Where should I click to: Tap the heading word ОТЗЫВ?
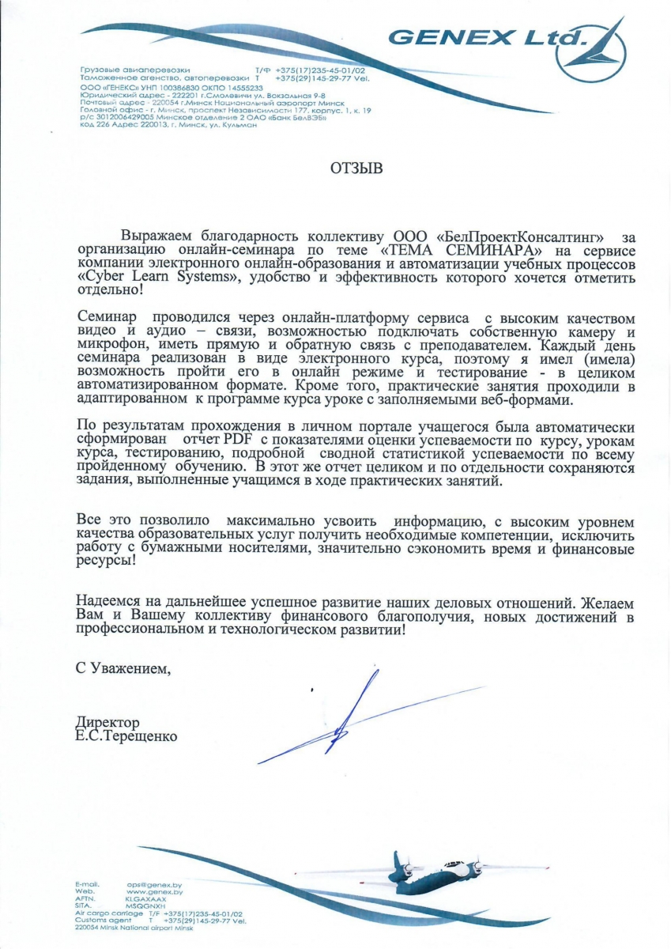[x=356, y=168]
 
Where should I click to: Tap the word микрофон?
[x=110, y=346]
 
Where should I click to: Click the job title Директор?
[x=107, y=723]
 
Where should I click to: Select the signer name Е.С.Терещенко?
[x=126, y=736]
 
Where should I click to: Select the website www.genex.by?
[x=155, y=892]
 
